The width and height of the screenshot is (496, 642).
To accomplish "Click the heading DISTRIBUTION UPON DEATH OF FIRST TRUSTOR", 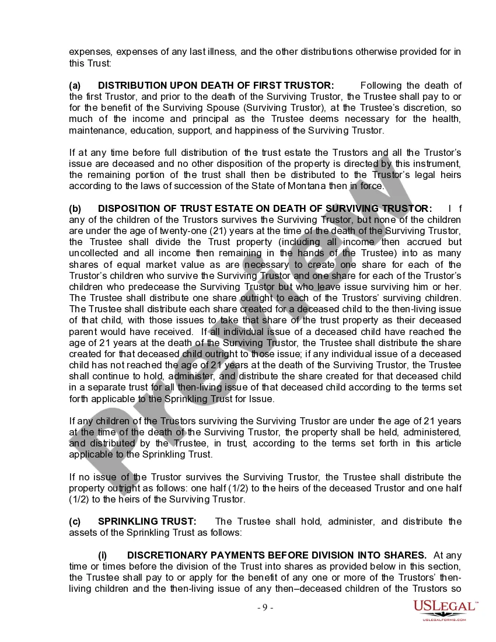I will pos(216,85).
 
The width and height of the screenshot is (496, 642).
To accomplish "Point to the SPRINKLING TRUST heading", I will pos(147,521).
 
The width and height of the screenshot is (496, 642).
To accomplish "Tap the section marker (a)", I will pos(75,85).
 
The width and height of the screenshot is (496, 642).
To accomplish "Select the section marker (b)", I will pos(75,208).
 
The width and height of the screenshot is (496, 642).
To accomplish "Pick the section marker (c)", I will pos(75,521).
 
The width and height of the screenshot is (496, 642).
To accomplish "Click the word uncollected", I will pos(94,253).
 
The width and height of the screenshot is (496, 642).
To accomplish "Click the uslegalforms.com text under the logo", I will pos(445,619).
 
